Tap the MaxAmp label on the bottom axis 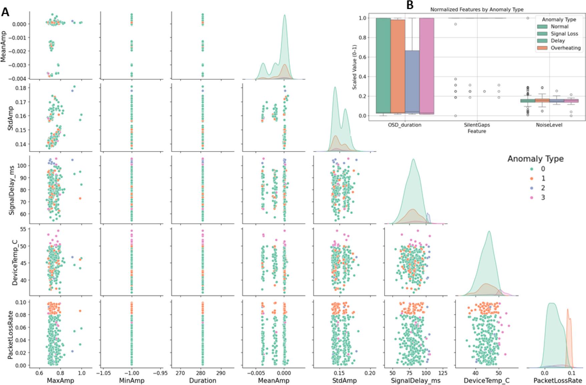pos(60,380)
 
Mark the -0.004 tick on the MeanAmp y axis pos(17,78)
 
